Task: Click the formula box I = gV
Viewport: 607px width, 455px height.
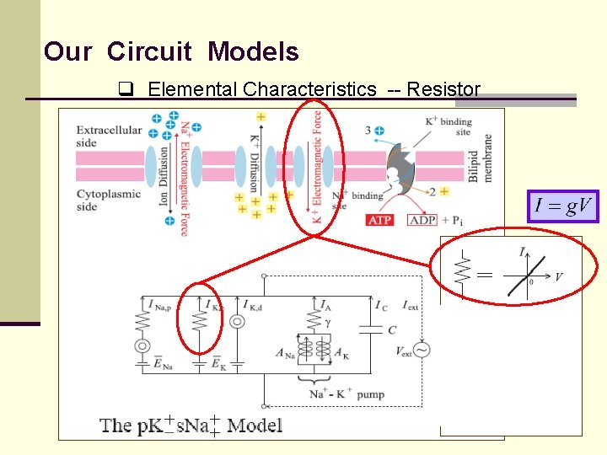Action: click(562, 206)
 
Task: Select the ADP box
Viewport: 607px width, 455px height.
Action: click(422, 220)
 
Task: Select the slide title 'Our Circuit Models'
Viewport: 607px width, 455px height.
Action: click(171, 52)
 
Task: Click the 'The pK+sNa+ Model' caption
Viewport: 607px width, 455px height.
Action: click(191, 425)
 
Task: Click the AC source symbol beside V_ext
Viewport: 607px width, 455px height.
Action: click(419, 349)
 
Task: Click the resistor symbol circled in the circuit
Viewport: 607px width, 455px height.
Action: click(200, 323)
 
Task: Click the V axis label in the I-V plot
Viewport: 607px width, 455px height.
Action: click(559, 276)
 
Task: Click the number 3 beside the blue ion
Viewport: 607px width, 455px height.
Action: click(368, 131)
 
